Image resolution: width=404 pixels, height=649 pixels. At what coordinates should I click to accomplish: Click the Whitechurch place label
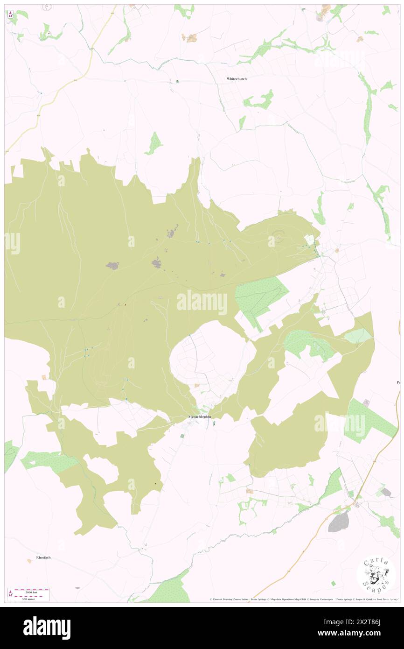point(237,79)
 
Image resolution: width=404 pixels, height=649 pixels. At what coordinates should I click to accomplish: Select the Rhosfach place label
point(45,558)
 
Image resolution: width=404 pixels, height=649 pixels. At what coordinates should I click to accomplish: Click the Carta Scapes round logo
point(376,576)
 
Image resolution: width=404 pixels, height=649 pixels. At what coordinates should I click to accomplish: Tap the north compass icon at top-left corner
point(11,14)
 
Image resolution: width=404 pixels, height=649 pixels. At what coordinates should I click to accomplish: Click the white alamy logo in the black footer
point(47,628)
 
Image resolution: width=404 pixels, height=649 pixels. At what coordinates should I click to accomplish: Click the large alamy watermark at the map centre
point(202,303)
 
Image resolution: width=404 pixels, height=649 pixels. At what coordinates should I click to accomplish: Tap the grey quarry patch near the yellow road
point(339,521)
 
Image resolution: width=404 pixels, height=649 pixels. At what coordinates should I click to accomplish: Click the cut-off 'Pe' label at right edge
point(398,383)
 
